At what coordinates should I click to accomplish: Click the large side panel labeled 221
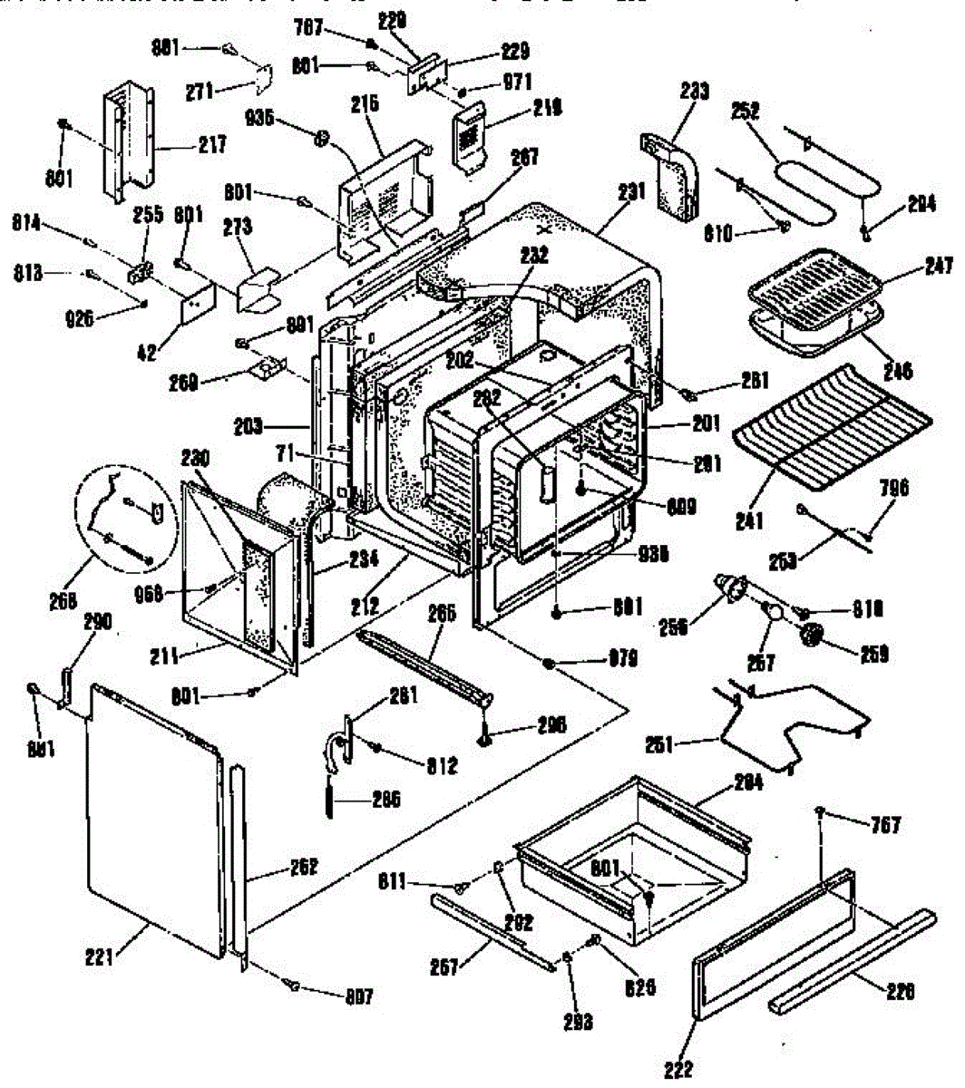[154, 816]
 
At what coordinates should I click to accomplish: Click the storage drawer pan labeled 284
[635, 843]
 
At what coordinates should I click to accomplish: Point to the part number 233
[696, 92]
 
